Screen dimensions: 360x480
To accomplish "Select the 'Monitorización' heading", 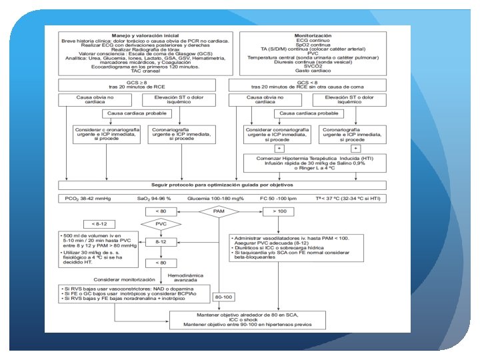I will pos(313,35).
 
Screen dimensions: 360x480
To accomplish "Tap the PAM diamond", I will pos(219,211).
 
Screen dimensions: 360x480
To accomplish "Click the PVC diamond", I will pos(161,224).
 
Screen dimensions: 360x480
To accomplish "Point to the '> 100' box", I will pos(279,211).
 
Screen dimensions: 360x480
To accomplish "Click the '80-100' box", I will pos(223,297).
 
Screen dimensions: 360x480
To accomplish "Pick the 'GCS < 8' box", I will pos(308,85).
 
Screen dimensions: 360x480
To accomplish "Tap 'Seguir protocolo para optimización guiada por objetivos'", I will pos(222,185).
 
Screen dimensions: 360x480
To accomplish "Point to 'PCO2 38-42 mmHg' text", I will pos(85,198).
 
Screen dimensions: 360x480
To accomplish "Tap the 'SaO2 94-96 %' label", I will pos(155,198).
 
